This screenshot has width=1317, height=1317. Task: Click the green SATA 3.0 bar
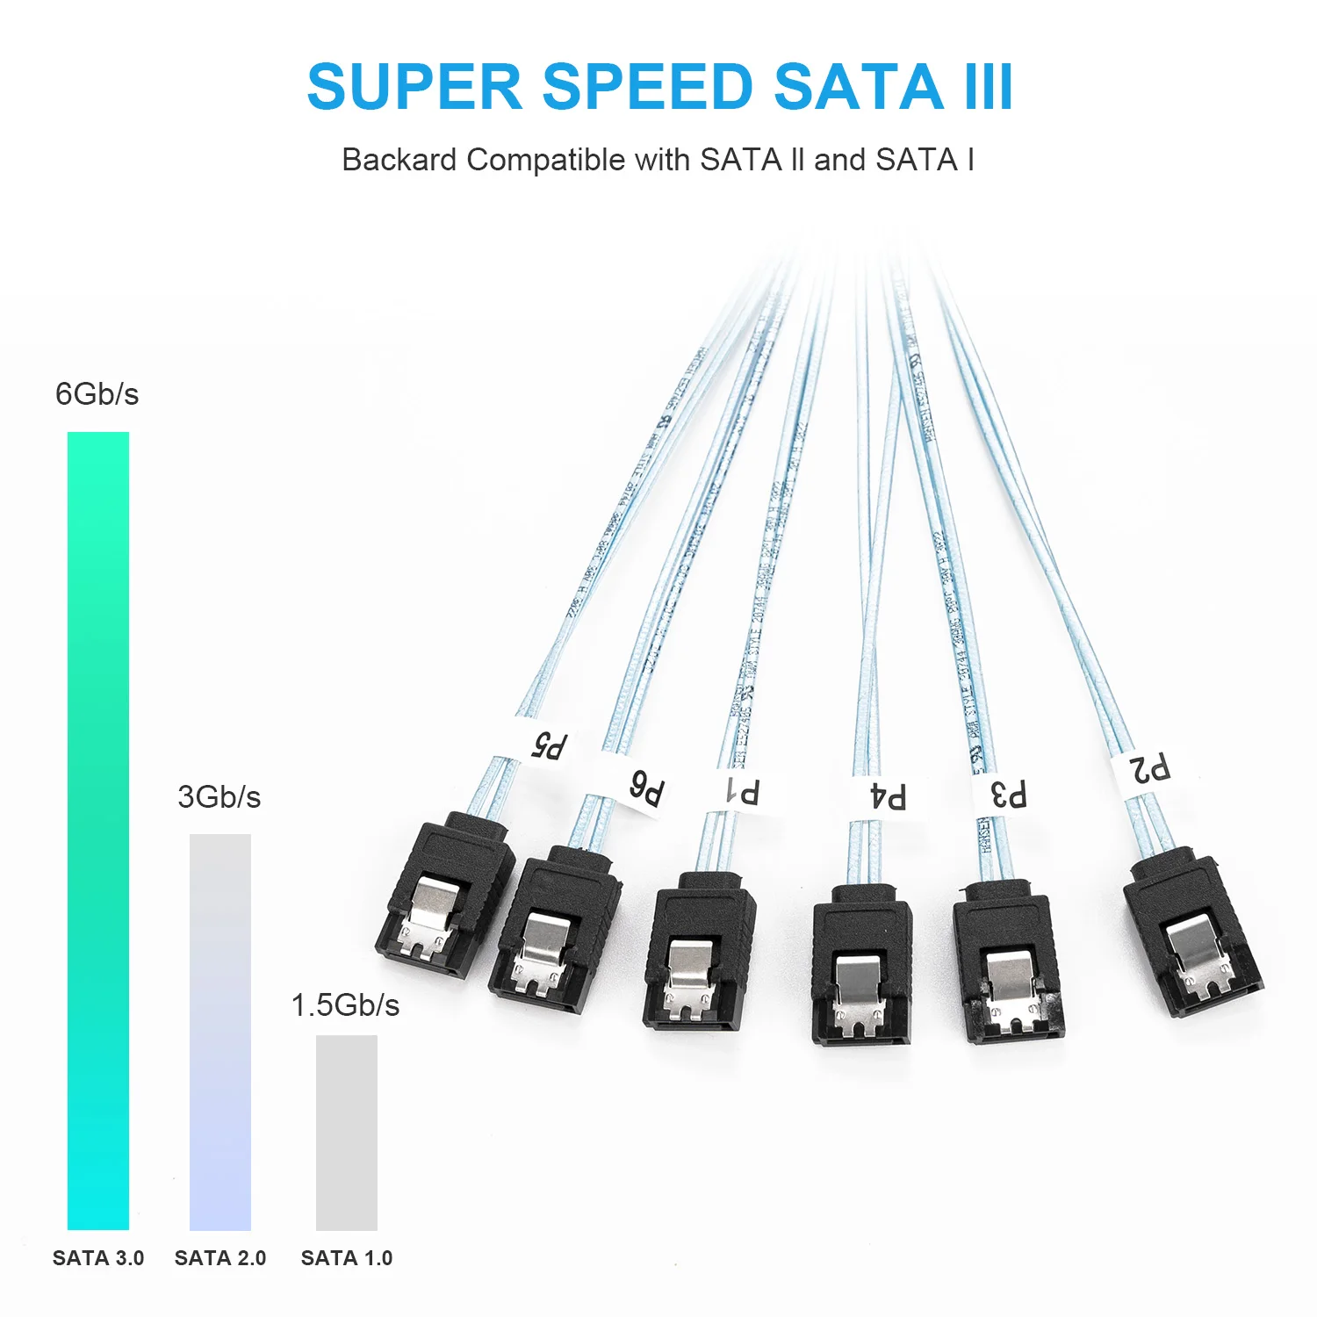(x=98, y=830)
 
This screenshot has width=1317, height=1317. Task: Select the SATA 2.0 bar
(x=220, y=1032)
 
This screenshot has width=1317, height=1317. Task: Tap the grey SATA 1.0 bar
(x=347, y=1133)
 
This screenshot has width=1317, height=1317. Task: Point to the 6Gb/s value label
(x=97, y=394)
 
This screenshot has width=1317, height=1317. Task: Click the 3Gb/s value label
(x=219, y=797)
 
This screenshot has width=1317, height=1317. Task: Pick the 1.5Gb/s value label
(x=345, y=1005)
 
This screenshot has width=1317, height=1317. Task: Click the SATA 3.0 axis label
(x=98, y=1258)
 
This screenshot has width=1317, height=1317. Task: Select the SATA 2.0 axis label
(x=220, y=1258)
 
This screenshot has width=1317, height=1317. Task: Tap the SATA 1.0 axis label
(x=347, y=1258)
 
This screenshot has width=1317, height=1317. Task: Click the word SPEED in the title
(x=648, y=88)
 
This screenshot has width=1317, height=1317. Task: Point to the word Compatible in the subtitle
(x=545, y=160)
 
